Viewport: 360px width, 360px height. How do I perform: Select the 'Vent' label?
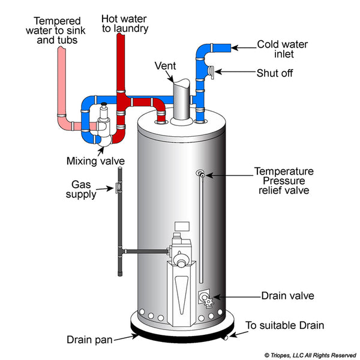166,65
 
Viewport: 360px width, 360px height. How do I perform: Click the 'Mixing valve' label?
95,161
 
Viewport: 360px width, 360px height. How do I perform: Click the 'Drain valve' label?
287,296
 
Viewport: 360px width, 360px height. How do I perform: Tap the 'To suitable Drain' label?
285,326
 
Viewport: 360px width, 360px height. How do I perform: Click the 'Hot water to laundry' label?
125,22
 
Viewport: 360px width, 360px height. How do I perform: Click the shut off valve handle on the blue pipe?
211,72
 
